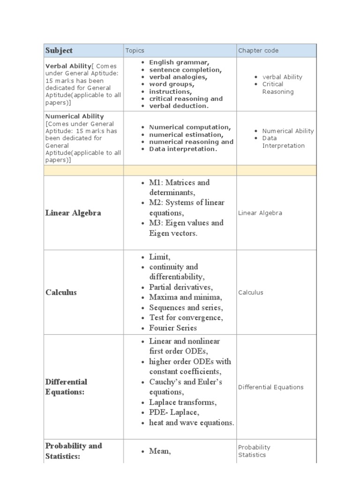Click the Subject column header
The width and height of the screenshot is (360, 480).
[x=59, y=51]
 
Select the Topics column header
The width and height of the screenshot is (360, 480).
[x=135, y=51]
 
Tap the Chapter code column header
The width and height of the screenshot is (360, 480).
[x=258, y=51]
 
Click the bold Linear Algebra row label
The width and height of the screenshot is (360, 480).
[x=73, y=213]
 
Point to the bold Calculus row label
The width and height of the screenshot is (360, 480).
[x=61, y=292]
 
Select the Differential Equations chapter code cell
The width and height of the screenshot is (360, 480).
[x=270, y=387]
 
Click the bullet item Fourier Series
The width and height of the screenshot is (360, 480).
[x=173, y=328]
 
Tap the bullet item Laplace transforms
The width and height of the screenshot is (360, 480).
[x=183, y=402]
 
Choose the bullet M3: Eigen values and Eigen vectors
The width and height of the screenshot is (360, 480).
[x=186, y=228]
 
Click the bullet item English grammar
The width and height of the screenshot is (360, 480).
[x=179, y=62]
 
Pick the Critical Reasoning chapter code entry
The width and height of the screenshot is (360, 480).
[x=277, y=88]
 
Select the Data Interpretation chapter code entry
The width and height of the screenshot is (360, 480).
[x=283, y=142]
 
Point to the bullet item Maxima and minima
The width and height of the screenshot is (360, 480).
[x=186, y=297]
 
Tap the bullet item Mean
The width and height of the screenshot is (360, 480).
[x=160, y=451]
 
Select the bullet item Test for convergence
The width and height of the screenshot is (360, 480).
[x=186, y=318]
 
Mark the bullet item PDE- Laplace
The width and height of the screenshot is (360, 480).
[x=174, y=412]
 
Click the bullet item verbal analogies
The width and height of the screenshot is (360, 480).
[x=178, y=77]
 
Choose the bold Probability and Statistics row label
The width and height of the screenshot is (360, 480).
[x=74, y=451]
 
